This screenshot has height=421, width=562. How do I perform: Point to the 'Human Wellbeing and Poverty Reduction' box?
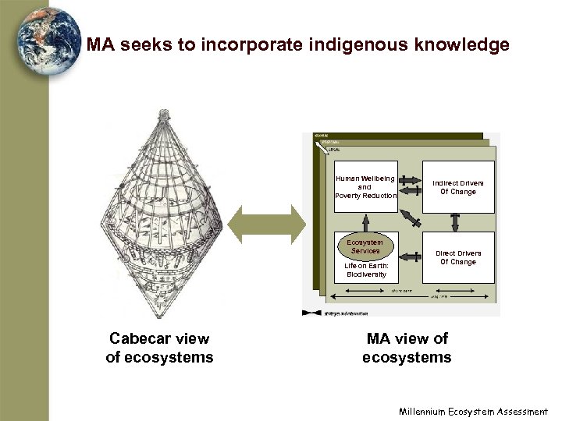[x=365, y=187]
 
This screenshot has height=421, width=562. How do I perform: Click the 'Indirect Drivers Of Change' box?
[x=458, y=187]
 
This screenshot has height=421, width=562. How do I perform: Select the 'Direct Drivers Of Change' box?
[x=458, y=257]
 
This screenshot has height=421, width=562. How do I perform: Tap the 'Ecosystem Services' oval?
[x=365, y=246]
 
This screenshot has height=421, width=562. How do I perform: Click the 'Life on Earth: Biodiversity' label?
[x=365, y=270]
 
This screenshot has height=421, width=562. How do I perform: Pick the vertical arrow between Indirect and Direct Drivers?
[x=458, y=222]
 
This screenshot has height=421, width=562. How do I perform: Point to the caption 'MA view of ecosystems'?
[x=407, y=348]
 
